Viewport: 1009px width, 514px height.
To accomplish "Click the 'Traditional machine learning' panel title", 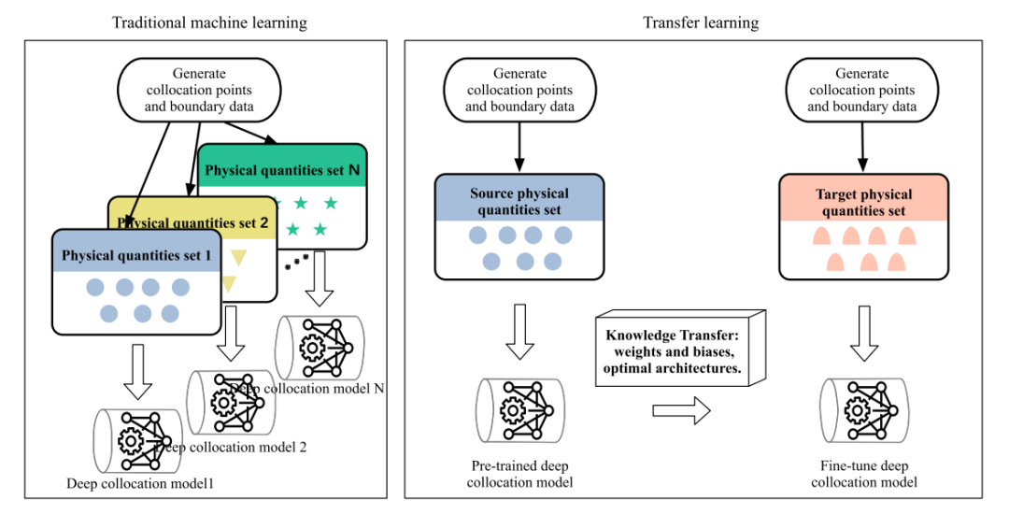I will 209,22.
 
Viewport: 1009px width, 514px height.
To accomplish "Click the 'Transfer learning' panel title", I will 701,22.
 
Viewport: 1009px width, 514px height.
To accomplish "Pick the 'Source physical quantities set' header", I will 520,202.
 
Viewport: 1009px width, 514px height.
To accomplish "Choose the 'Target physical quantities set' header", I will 863,202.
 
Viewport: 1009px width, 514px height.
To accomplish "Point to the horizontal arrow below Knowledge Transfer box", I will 681,410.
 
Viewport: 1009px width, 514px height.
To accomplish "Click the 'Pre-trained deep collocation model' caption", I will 520,474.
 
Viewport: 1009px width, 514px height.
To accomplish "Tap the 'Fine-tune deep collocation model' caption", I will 864,474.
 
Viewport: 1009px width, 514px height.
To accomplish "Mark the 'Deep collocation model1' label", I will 140,483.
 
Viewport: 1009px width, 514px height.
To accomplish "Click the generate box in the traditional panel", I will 199,91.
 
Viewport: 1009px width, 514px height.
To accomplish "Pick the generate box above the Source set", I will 520,91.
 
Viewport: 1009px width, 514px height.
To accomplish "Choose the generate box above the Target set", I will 862,91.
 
